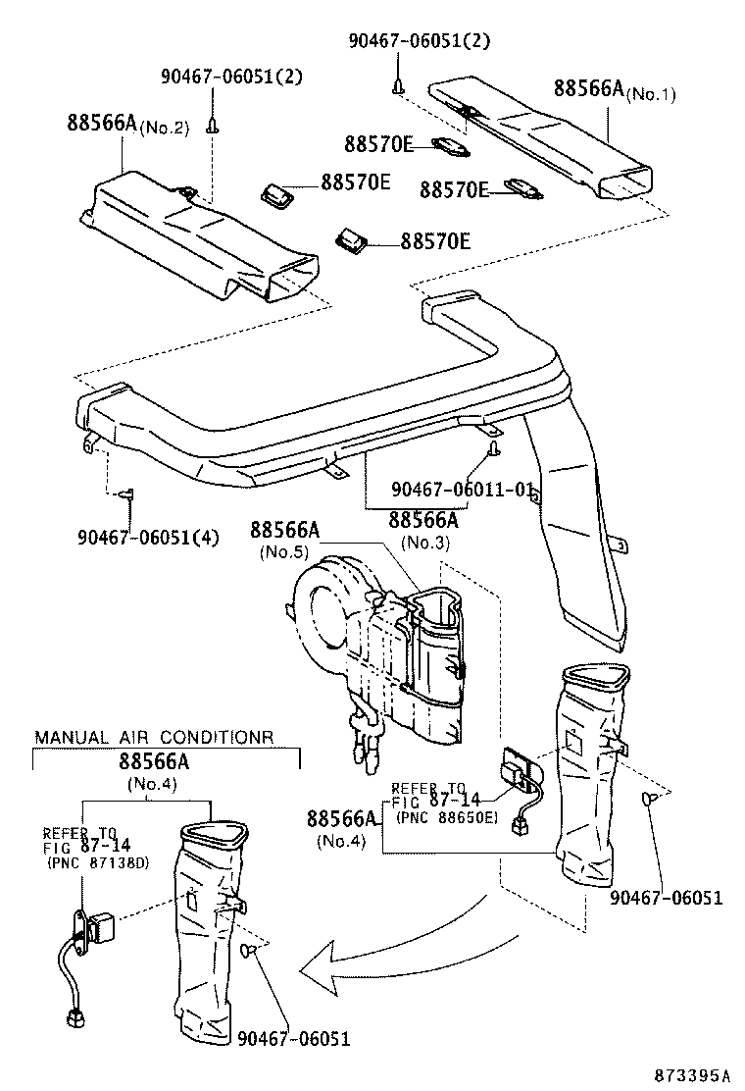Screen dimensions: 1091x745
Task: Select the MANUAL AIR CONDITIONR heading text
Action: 154,737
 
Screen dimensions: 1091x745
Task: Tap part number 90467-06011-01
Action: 468,489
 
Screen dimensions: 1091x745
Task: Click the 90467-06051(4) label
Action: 147,537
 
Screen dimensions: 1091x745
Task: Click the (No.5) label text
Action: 285,552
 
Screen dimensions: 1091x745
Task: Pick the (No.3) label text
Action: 425,542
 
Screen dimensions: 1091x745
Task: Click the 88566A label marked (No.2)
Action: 103,124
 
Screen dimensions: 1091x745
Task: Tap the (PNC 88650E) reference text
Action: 447,816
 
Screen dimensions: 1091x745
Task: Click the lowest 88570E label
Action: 435,240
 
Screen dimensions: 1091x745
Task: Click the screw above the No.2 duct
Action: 212,126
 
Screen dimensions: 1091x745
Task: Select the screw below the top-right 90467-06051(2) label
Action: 398,87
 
